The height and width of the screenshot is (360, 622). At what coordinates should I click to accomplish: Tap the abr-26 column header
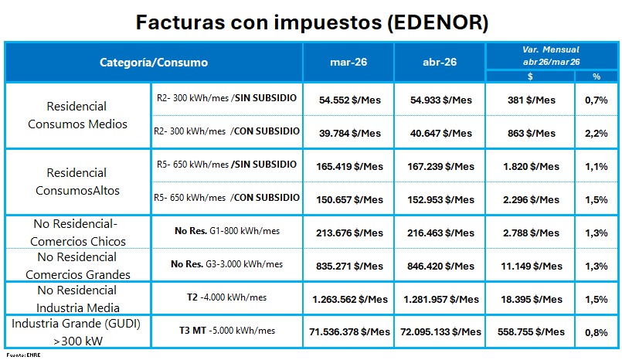point(440,63)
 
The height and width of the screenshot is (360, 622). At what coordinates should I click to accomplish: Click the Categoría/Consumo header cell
point(154,63)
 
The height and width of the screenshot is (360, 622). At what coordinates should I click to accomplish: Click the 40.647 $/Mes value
point(440,133)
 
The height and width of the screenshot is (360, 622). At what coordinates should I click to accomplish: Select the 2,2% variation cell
point(596,133)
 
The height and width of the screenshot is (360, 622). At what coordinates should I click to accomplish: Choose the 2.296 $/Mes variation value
point(530,199)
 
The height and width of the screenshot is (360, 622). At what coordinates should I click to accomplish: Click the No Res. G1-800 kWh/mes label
point(226,231)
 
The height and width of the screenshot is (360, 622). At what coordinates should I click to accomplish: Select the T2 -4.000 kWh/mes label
point(226,297)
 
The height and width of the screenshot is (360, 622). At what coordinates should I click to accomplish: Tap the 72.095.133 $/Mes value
point(440,331)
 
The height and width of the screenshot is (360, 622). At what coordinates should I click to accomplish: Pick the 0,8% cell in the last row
point(596,331)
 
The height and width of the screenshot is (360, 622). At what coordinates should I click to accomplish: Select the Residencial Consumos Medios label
point(76,115)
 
